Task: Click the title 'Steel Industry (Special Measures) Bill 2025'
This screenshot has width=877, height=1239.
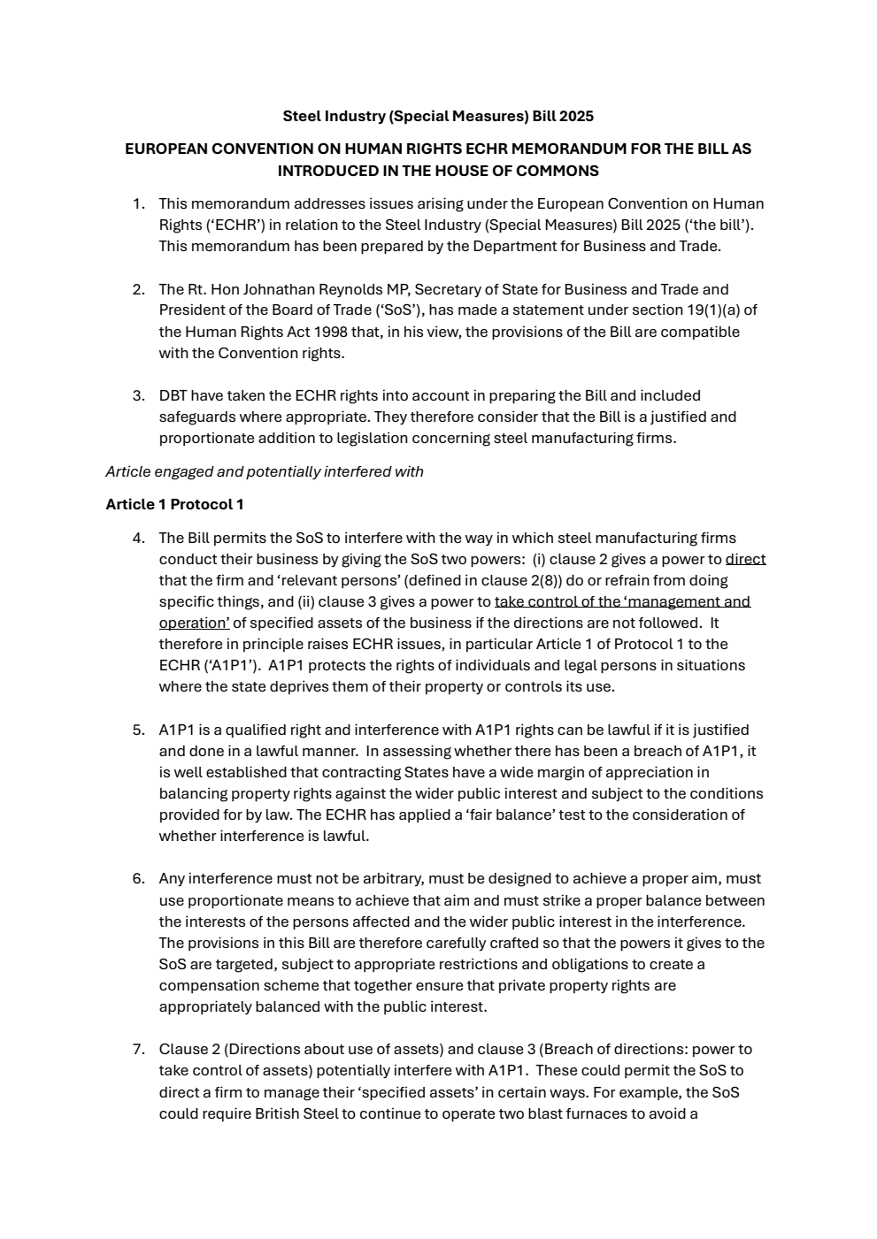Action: [438, 116]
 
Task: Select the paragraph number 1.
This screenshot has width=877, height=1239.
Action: [138, 203]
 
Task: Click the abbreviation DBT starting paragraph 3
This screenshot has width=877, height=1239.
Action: [173, 395]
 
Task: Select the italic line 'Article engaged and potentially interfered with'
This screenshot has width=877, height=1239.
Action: [264, 471]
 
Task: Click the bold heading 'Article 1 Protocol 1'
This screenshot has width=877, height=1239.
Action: [174, 504]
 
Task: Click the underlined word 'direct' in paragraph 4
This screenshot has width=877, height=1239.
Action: [745, 559]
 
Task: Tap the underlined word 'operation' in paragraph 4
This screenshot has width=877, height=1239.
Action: [193, 623]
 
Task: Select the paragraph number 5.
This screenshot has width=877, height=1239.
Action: [138, 730]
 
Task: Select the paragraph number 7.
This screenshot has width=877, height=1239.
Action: [138, 1049]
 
